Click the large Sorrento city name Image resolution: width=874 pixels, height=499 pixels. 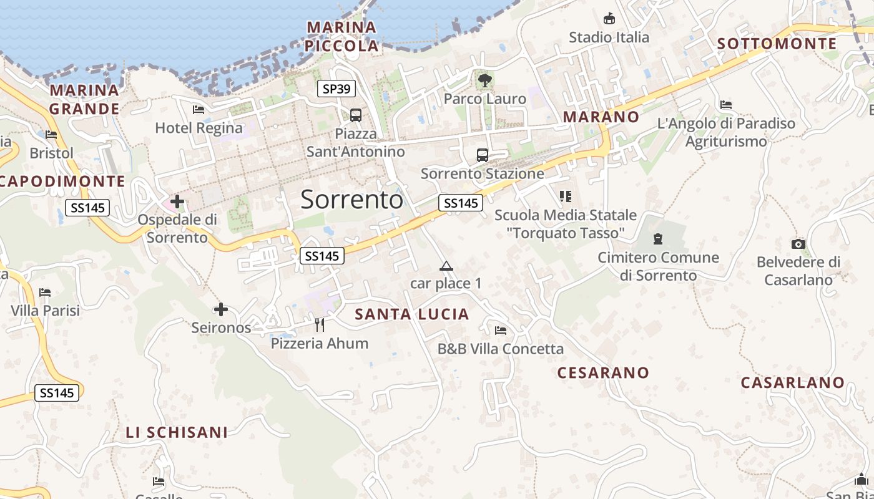[351, 200]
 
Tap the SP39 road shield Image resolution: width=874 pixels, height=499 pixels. [336, 89]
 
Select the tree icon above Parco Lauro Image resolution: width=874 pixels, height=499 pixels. [484, 80]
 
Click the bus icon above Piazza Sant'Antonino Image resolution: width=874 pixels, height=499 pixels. [355, 115]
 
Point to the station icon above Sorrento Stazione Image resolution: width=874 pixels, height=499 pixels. [482, 155]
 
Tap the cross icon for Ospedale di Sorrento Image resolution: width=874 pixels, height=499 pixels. [177, 201]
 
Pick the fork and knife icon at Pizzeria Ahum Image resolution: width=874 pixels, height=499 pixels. [320, 324]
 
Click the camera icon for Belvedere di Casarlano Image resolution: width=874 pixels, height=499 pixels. [798, 244]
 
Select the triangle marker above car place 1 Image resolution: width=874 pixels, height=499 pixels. [446, 266]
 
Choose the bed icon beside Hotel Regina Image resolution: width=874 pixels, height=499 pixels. [199, 110]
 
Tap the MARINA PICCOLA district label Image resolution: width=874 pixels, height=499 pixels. [342, 36]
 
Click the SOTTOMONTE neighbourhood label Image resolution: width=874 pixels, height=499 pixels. [777, 44]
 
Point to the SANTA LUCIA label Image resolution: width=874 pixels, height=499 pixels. [412, 314]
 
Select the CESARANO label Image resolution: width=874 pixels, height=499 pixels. [603, 373]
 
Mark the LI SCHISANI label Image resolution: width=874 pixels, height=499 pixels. [177, 432]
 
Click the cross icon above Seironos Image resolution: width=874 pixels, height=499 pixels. [220, 309]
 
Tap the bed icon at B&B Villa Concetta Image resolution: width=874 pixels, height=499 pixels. [500, 331]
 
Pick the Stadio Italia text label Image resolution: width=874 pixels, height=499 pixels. [609, 37]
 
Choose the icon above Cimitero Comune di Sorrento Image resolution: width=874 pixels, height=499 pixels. [657, 238]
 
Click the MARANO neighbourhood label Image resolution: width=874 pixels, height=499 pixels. [601, 117]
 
